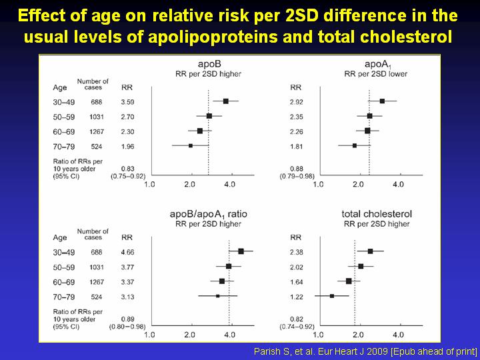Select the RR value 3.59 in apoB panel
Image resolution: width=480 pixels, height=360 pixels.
pos(127,101)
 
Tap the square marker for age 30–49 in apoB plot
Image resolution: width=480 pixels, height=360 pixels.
pos(226,101)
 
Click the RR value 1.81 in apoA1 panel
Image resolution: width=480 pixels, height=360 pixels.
pos(297,145)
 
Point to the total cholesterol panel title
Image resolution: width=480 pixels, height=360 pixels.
pos(377,214)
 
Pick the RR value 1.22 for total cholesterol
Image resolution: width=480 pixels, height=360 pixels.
pos(297,295)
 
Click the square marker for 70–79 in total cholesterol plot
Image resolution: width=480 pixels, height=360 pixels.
pos(332,295)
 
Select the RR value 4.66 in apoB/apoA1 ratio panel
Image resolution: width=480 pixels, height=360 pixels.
pos(127,251)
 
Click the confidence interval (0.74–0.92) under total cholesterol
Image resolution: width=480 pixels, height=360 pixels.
pos(298,326)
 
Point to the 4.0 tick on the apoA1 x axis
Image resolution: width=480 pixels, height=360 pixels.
pos(398,183)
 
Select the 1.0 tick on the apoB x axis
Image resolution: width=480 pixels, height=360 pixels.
pos(150,183)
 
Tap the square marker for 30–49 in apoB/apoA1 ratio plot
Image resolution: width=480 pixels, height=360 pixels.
pos(241,251)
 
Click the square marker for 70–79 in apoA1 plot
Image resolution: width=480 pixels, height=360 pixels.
pos(355,145)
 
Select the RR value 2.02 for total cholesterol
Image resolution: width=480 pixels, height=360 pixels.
pos(297,266)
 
